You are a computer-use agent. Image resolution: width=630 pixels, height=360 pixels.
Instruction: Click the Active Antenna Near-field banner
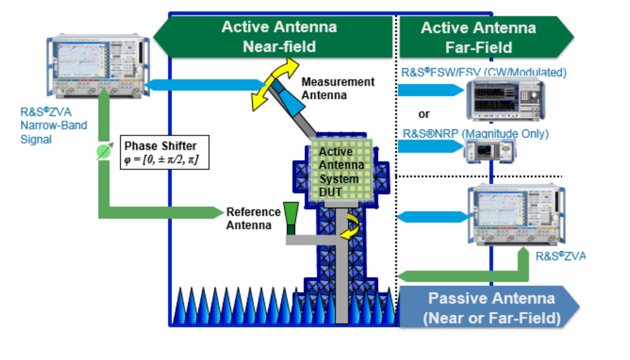pyautogui.click(x=279, y=37)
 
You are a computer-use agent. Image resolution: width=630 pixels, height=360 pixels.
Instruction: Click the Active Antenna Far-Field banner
pyautogui.click(x=479, y=37)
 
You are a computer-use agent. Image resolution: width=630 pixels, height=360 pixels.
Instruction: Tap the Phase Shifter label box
pyautogui.click(x=164, y=152)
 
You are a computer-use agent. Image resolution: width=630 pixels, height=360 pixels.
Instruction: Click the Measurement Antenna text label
pyautogui.click(x=337, y=88)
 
